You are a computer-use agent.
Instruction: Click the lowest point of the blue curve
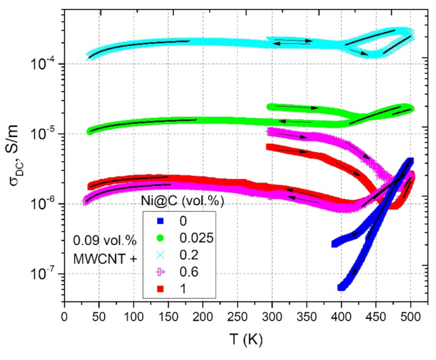coord(342,287)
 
